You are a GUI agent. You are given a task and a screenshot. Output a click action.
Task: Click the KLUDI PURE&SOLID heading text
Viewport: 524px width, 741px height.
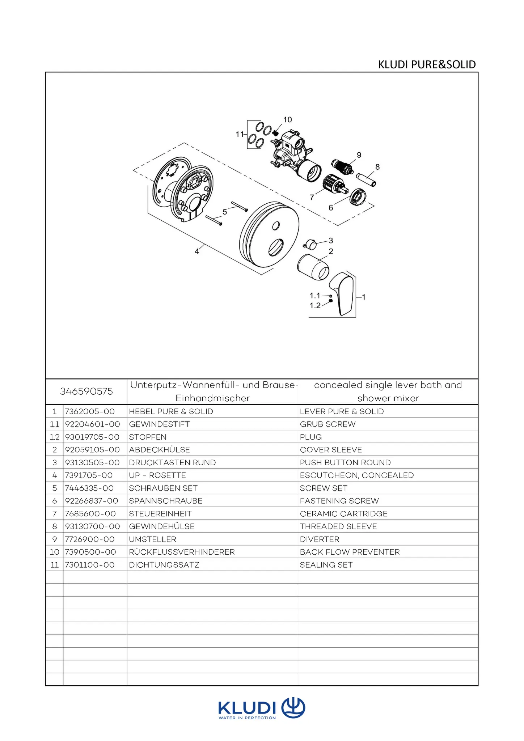pos(427,64)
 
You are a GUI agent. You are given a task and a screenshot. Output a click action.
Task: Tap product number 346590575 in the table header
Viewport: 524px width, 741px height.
pos(86,391)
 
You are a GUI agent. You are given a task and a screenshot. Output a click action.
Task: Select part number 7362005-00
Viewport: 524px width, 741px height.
pos(90,411)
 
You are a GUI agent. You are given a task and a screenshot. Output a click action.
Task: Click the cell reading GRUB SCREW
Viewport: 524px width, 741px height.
pos(327,424)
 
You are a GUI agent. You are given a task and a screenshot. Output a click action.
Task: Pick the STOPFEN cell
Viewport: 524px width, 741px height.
pos(148,437)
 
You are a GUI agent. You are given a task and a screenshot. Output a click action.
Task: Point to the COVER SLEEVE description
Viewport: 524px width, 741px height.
pos(331,450)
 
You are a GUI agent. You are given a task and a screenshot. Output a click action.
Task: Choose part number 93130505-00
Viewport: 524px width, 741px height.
pos(92,462)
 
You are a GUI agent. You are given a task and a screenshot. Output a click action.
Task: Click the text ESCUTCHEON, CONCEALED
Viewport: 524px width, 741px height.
pos(356,475)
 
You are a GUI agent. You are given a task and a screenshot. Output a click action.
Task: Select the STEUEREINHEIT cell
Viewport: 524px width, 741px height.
pos(160,514)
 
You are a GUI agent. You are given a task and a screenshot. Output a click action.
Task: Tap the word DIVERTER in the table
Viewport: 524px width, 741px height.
pos(320,539)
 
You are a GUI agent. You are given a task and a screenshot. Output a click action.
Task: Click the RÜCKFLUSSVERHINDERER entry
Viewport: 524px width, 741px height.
pos(182,552)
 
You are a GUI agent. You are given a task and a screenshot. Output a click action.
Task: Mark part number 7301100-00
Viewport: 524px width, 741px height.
pos(90,565)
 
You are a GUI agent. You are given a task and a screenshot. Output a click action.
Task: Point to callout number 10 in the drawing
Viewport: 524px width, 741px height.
pos(287,120)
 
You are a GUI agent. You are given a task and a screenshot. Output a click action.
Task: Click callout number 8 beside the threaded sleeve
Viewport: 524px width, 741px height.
pos(377,167)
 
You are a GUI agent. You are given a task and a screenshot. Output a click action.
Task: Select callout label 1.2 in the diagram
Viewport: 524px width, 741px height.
pos(315,306)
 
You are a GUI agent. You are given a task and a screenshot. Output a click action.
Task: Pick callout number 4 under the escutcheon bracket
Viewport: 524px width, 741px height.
pos(197,251)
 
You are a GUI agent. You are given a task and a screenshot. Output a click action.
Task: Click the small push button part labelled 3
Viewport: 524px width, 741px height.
pos(310,245)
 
